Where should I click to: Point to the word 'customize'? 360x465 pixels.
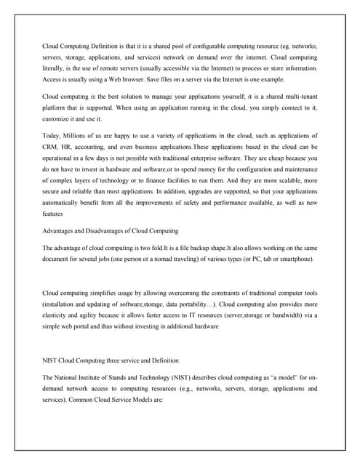click(57, 118)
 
